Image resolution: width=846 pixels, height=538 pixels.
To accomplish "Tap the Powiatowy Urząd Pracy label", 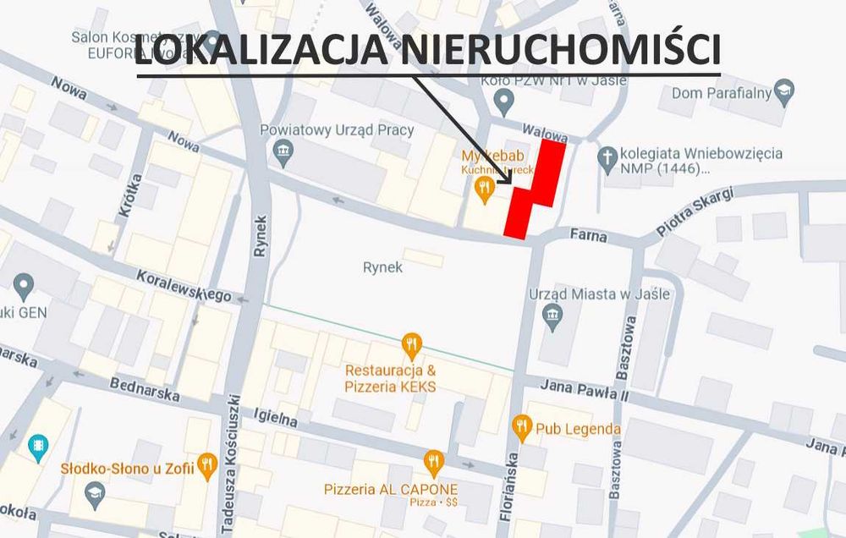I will click(x=337, y=130).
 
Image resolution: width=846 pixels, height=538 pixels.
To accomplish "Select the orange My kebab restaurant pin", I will click(x=484, y=190).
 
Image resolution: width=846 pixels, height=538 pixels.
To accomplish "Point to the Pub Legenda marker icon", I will click(x=522, y=428).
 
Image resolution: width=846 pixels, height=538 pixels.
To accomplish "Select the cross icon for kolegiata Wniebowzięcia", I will click(x=606, y=158).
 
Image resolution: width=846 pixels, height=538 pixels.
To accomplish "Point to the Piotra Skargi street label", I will click(x=693, y=213).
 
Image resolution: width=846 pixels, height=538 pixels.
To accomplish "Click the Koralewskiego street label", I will click(x=184, y=285).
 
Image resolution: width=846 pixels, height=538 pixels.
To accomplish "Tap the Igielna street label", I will click(x=277, y=417).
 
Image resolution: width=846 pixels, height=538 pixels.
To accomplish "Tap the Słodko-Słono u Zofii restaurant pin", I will click(x=206, y=464).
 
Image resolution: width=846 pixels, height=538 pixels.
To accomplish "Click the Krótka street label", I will click(x=126, y=200).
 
